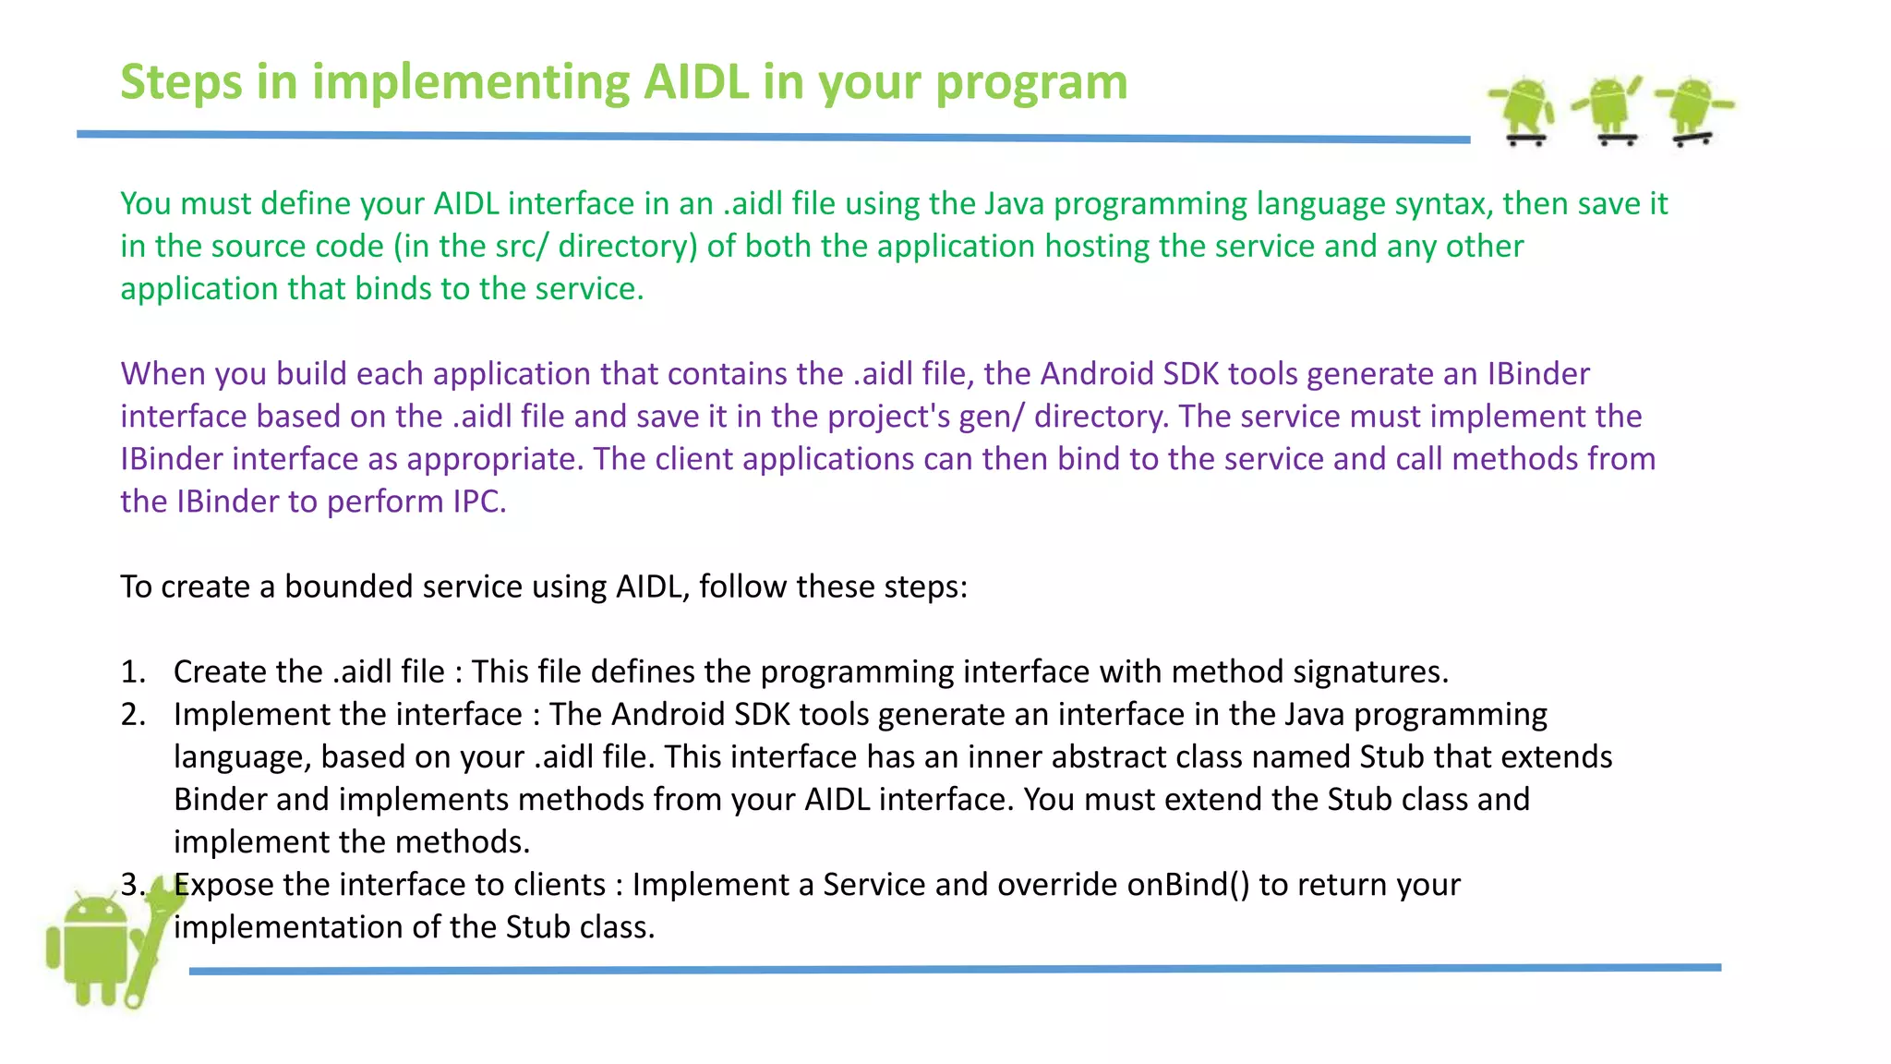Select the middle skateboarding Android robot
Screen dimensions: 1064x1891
pos(1609,109)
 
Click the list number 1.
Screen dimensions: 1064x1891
pos(133,672)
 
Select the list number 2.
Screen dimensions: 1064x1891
pos(133,715)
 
